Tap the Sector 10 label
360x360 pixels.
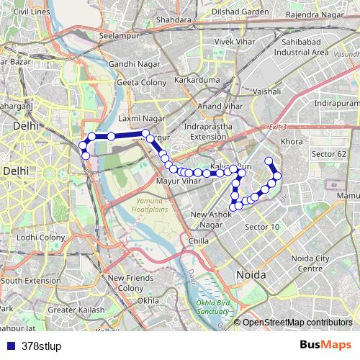(x=262, y=227)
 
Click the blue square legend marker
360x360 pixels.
(x=9, y=345)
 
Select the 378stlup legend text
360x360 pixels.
(x=42, y=345)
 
